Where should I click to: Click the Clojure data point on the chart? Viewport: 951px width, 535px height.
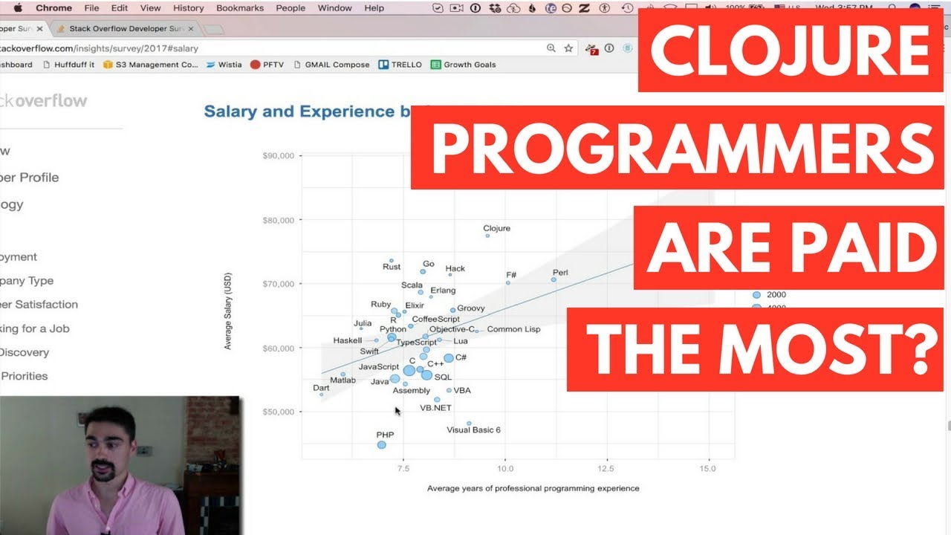click(x=487, y=236)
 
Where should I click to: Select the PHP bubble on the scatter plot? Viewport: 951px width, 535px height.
click(x=381, y=445)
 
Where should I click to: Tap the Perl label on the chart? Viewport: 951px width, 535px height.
click(x=560, y=273)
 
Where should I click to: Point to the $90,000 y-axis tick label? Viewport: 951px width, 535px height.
click(x=279, y=156)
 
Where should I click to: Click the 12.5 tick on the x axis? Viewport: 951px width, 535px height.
click(x=606, y=469)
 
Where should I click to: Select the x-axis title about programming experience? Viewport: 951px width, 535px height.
click(x=533, y=488)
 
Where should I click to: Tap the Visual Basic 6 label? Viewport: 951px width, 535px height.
click(x=473, y=430)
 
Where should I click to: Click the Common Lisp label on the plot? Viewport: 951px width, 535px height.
click(x=513, y=329)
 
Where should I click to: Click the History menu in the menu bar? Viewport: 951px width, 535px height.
click(x=188, y=8)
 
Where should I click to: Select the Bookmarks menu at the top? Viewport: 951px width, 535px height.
click(x=239, y=8)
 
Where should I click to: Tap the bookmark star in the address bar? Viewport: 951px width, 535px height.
click(x=568, y=48)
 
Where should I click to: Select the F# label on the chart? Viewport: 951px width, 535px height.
click(x=511, y=275)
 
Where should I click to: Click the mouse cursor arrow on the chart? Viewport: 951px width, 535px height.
click(x=397, y=410)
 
